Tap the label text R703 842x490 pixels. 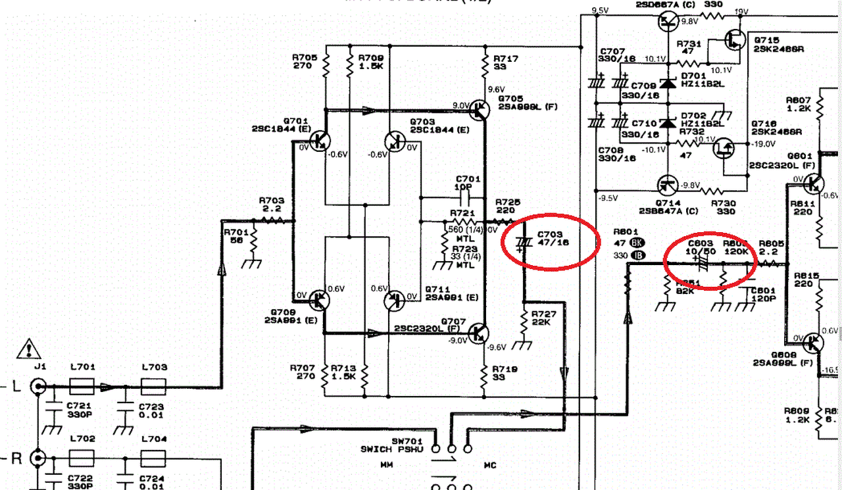coord(272,200)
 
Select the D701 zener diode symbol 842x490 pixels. coord(669,84)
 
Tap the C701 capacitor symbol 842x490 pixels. coord(466,197)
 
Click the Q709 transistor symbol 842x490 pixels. coord(321,300)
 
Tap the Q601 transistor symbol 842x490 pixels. coord(814,183)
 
